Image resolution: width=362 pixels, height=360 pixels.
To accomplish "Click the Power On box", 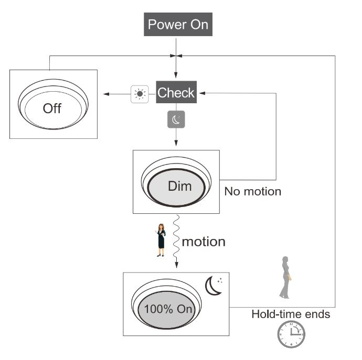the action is [x=178, y=24].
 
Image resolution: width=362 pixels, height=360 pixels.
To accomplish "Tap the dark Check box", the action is [x=176, y=92].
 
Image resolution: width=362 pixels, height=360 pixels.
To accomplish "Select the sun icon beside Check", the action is [x=140, y=94].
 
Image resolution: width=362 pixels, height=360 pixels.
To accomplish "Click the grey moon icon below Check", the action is [x=176, y=119].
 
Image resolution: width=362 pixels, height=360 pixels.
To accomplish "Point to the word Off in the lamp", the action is [x=52, y=108].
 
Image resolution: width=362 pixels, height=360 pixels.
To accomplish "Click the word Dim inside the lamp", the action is [x=180, y=186].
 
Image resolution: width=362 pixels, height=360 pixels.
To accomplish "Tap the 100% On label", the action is [x=168, y=309].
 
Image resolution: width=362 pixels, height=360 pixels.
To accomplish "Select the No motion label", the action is [x=253, y=191].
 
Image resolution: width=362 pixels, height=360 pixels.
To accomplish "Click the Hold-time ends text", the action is [x=291, y=314].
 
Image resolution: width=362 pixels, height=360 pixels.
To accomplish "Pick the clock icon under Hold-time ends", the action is [x=291, y=334].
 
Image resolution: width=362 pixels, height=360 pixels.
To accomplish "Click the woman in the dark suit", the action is [x=161, y=240].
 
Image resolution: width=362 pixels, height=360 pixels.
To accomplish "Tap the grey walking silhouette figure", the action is [x=285, y=277].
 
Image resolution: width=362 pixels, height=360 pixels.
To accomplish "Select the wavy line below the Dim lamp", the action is [x=176, y=237].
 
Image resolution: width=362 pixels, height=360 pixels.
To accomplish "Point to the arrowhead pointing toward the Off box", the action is [x=106, y=94].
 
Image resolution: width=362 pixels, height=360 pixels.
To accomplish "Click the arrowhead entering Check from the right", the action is [x=202, y=93].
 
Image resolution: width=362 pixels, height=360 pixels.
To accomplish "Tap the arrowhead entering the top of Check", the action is [x=176, y=75].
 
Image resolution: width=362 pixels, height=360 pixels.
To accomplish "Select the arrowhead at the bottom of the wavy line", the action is [x=177, y=265].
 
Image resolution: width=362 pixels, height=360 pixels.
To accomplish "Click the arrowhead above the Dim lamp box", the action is [x=176, y=143].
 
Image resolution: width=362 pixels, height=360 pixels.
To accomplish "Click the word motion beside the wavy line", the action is [x=204, y=242].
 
